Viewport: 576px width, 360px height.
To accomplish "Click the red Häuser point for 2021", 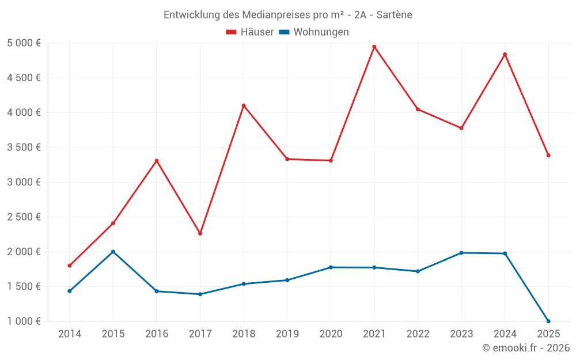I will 374,47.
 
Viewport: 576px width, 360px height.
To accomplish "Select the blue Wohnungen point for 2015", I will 113,252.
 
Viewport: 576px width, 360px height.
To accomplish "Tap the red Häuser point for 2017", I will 200,233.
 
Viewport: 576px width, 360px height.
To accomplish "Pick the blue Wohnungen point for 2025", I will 548,321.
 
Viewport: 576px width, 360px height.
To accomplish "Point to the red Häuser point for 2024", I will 505,54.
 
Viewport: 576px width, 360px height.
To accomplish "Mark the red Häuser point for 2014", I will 69,266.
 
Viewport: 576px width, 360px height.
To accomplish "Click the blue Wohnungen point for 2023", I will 461,253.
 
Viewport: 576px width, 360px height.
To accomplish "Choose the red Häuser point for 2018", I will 244,105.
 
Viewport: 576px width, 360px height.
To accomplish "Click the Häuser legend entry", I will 250,32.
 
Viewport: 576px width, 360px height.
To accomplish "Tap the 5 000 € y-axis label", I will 24,43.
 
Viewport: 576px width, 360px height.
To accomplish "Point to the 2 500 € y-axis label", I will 24,217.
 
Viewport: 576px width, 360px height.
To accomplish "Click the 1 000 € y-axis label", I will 24,321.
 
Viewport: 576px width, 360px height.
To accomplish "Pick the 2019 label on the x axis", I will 287,334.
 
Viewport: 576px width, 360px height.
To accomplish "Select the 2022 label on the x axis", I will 418,334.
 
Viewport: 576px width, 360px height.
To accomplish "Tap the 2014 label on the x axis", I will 69,334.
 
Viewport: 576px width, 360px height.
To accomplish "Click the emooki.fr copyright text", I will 526,348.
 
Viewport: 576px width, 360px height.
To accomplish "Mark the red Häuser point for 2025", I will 548,155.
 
